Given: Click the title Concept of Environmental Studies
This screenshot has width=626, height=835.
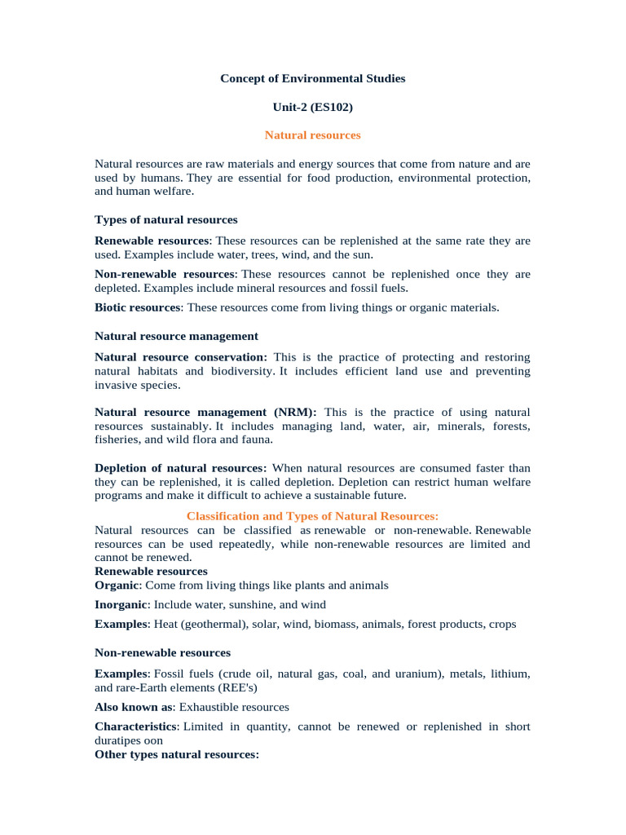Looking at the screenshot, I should (x=312, y=79).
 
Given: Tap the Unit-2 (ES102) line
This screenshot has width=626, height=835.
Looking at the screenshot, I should (x=312, y=107).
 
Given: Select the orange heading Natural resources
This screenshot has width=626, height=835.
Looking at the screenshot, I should (x=312, y=135).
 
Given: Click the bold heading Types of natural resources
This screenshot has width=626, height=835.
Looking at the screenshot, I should (x=166, y=220).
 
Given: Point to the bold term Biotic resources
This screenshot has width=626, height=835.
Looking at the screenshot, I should (x=137, y=307).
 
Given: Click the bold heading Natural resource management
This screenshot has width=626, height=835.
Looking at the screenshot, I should (x=176, y=336).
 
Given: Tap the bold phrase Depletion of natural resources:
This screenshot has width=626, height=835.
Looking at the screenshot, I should (x=180, y=468).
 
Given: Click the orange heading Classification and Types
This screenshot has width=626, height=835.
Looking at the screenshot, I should (x=312, y=516).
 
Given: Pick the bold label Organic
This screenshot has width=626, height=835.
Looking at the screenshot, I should (x=117, y=585).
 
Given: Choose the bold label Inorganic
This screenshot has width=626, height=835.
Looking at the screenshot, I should (x=121, y=605).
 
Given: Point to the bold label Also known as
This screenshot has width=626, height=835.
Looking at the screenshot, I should (x=134, y=707).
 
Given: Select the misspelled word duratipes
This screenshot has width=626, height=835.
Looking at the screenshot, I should (x=118, y=740).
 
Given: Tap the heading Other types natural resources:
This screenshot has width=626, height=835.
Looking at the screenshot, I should (x=177, y=755).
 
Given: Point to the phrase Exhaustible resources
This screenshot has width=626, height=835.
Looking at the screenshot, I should (x=234, y=707).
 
